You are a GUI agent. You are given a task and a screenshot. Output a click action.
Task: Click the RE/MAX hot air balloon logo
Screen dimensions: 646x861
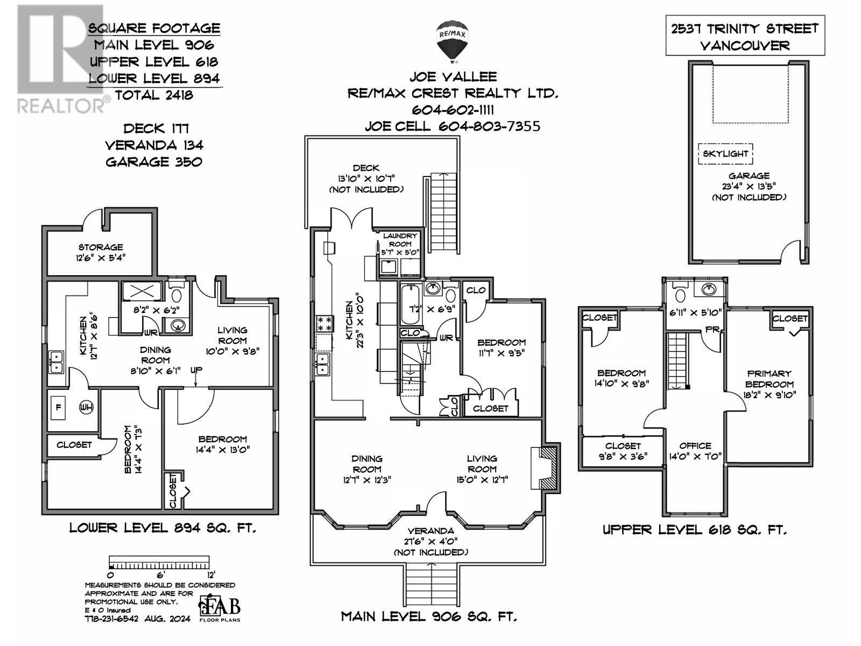coord(452,40)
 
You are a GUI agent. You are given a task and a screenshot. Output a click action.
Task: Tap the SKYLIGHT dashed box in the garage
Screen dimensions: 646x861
coord(725,154)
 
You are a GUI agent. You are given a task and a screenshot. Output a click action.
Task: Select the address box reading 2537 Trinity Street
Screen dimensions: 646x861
coord(745,36)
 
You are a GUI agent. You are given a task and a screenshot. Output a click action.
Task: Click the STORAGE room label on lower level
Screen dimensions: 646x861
coord(101,252)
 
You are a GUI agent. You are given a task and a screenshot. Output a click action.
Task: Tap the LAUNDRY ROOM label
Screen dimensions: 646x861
coord(400,240)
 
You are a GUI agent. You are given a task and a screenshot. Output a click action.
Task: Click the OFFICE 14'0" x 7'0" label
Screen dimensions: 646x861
coord(695,451)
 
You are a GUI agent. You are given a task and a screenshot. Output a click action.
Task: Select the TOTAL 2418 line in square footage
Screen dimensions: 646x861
coord(153,95)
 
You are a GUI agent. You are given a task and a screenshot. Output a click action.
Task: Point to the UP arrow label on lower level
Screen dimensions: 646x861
coord(196,371)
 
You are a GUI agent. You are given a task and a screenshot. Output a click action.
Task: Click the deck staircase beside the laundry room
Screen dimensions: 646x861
coord(444,212)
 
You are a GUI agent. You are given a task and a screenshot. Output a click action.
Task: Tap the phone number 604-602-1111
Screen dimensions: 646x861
coord(453,110)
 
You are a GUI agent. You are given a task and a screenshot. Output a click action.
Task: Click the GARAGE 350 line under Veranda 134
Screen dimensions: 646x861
coord(153,161)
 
